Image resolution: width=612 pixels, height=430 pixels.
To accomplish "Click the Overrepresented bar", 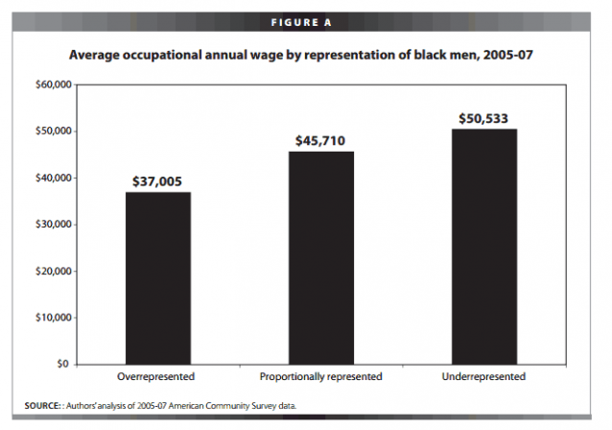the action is pyautogui.click(x=158, y=278).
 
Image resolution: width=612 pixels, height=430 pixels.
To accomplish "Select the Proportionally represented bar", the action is pyautogui.click(x=321, y=258).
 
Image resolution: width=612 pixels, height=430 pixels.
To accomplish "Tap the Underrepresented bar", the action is pyautogui.click(x=484, y=247).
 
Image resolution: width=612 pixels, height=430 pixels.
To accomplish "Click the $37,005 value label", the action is pyautogui.click(x=157, y=181).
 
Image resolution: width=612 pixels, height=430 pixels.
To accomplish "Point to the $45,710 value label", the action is pyautogui.click(x=320, y=140).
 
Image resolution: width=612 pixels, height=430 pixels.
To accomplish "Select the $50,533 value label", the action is pyautogui.click(x=483, y=119).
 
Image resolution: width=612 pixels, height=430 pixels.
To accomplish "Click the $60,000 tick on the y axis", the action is pyautogui.click(x=54, y=84).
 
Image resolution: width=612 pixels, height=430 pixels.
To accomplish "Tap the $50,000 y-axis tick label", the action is pyautogui.click(x=54, y=131).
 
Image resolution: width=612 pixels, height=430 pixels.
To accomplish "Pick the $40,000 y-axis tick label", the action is pyautogui.click(x=54, y=179).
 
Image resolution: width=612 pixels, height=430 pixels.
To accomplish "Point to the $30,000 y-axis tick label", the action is pyautogui.click(x=54, y=225).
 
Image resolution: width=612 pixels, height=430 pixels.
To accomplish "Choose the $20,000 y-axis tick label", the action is pyautogui.click(x=54, y=271).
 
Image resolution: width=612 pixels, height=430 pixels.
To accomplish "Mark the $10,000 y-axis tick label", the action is pyautogui.click(x=54, y=318).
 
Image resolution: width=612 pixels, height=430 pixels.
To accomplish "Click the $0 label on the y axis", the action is pyautogui.click(x=63, y=364).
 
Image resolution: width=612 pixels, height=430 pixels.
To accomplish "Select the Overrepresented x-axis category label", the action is pyautogui.click(x=156, y=376).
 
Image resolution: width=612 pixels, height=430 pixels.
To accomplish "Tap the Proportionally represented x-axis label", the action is pyautogui.click(x=320, y=376).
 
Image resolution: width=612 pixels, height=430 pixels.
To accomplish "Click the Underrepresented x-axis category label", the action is pyautogui.click(x=483, y=376).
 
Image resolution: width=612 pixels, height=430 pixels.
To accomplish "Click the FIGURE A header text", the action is pyautogui.click(x=301, y=23).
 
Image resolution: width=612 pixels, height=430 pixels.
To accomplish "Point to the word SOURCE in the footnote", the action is pyautogui.click(x=42, y=406).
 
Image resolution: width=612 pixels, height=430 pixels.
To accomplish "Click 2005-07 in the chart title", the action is pyautogui.click(x=508, y=55).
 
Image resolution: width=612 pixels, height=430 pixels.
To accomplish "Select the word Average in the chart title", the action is pyautogui.click(x=94, y=55).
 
